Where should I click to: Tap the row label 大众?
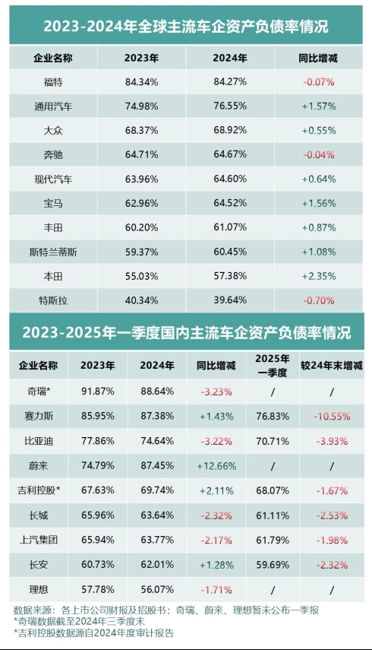(54, 130)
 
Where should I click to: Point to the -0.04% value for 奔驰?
(319, 154)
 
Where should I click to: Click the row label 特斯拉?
(54, 300)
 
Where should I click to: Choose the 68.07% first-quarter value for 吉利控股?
(273, 490)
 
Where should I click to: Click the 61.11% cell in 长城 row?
(273, 514)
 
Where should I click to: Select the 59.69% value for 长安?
(273, 563)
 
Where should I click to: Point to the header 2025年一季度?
(273, 364)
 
